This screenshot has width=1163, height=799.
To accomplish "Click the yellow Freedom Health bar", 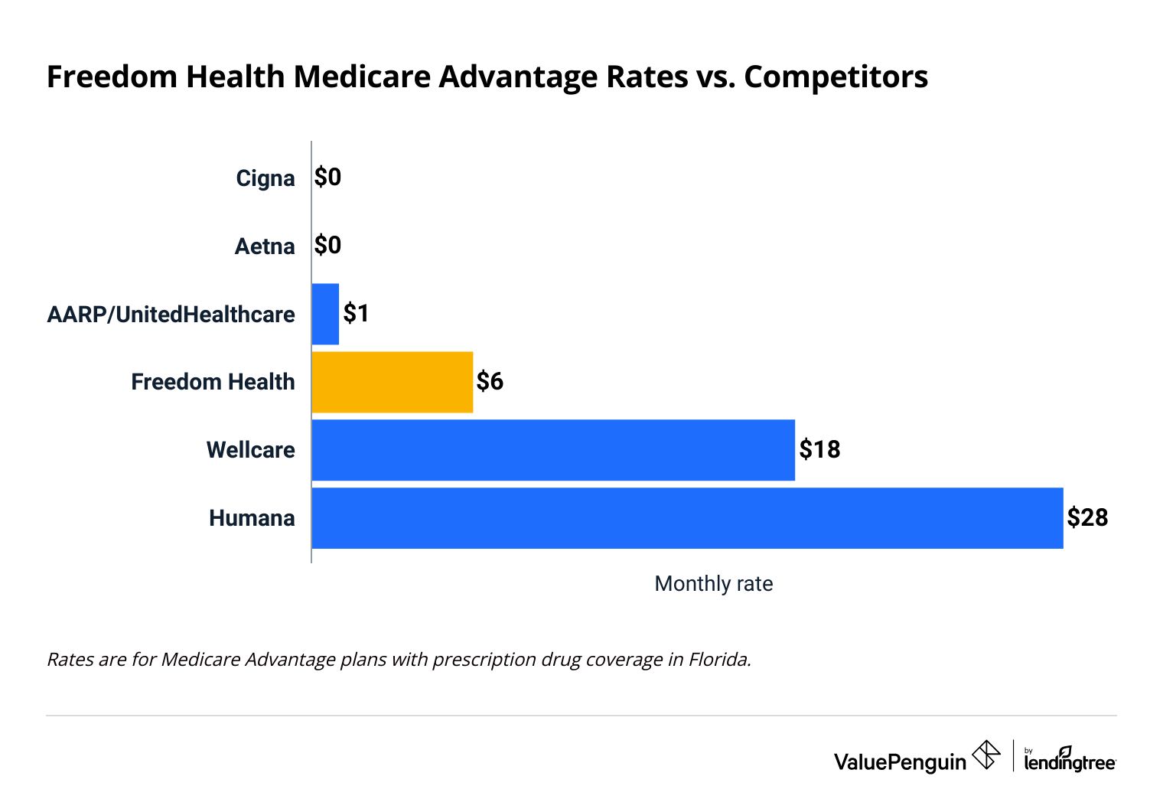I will tap(392, 382).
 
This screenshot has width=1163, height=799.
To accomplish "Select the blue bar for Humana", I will tap(687, 518).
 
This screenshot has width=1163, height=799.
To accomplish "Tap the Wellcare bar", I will tap(552, 450).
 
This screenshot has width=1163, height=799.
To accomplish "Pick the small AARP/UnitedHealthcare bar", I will tap(325, 314).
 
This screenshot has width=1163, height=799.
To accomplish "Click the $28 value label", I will tap(1087, 518).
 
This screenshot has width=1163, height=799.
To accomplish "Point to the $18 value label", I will tap(819, 449).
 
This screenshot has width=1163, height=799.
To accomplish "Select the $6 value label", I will tap(490, 381).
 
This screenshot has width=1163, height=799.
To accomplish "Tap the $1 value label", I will tap(356, 313).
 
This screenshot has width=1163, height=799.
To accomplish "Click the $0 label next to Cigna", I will tap(327, 178).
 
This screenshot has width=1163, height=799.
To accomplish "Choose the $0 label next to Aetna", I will tap(327, 246).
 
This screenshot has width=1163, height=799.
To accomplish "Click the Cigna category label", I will tap(265, 178).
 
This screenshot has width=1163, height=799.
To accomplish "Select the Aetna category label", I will tap(264, 246).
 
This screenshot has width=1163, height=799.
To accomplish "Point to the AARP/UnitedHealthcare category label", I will tap(171, 315).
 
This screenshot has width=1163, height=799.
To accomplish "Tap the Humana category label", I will tap(252, 518).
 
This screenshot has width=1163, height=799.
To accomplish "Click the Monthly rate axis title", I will tap(713, 584).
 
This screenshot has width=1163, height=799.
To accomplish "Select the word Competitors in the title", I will tap(836, 77).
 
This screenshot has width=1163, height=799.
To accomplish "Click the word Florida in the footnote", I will tap(719, 660).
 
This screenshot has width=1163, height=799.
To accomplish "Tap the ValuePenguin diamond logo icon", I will tap(985, 755).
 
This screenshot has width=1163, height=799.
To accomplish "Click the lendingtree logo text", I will tap(1070, 762).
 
